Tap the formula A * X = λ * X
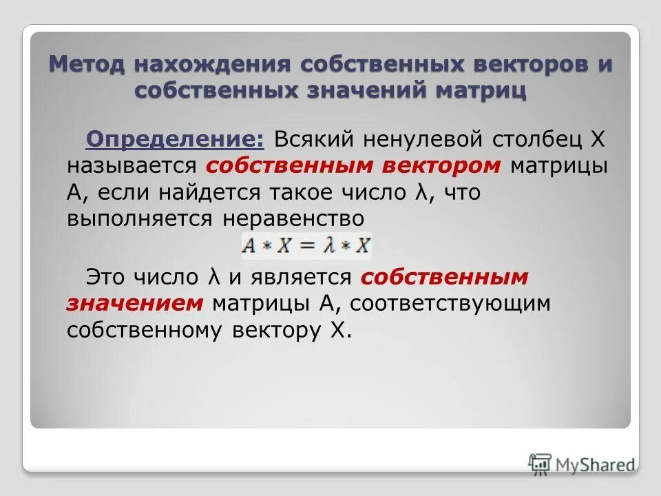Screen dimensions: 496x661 coord(307,245)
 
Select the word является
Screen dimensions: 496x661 coord(306,277)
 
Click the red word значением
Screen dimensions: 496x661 coord(135,303)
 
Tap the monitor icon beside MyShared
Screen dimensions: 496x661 coord(541,463)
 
